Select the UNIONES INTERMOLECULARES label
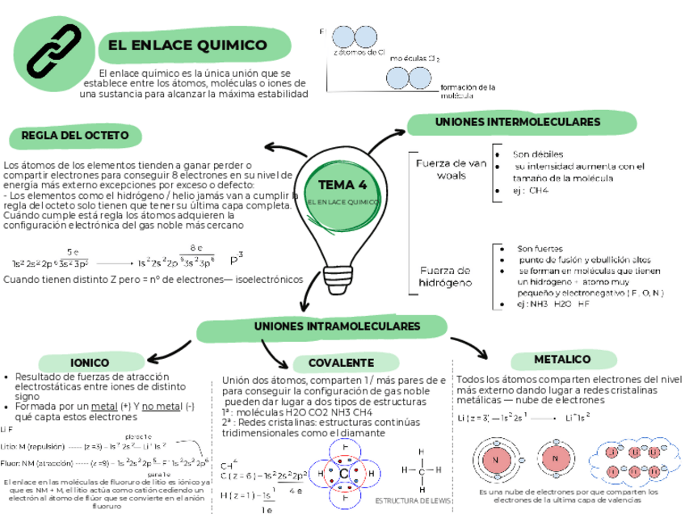[518, 123]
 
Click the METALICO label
[562, 359]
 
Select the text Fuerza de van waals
[450, 169]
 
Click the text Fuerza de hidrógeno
[444, 277]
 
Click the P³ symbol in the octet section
[236, 260]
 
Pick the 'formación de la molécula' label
[467, 91]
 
